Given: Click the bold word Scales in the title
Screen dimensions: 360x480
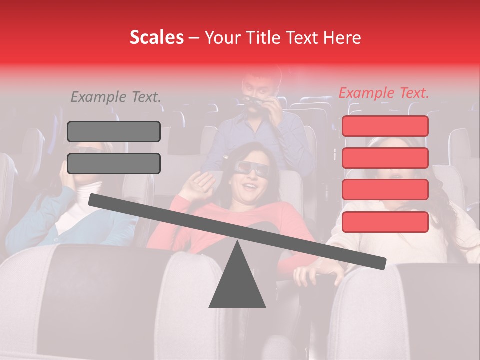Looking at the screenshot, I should click(156, 38).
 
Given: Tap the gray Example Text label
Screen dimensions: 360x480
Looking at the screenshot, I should click(116, 97).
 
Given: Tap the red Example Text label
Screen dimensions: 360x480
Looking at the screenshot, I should click(384, 93).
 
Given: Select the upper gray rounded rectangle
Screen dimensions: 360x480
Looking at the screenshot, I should click(114, 131).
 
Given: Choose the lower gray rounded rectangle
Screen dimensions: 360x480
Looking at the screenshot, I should click(114, 163).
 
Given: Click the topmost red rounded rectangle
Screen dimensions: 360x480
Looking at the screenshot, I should click(385, 126).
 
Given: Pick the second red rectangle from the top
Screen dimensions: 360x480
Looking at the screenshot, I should click(385, 158).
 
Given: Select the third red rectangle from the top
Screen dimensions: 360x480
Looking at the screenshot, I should click(385, 189).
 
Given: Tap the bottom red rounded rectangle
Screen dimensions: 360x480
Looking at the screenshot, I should click(385, 222).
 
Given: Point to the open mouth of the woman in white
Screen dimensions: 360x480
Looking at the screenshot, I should click(396, 176).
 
